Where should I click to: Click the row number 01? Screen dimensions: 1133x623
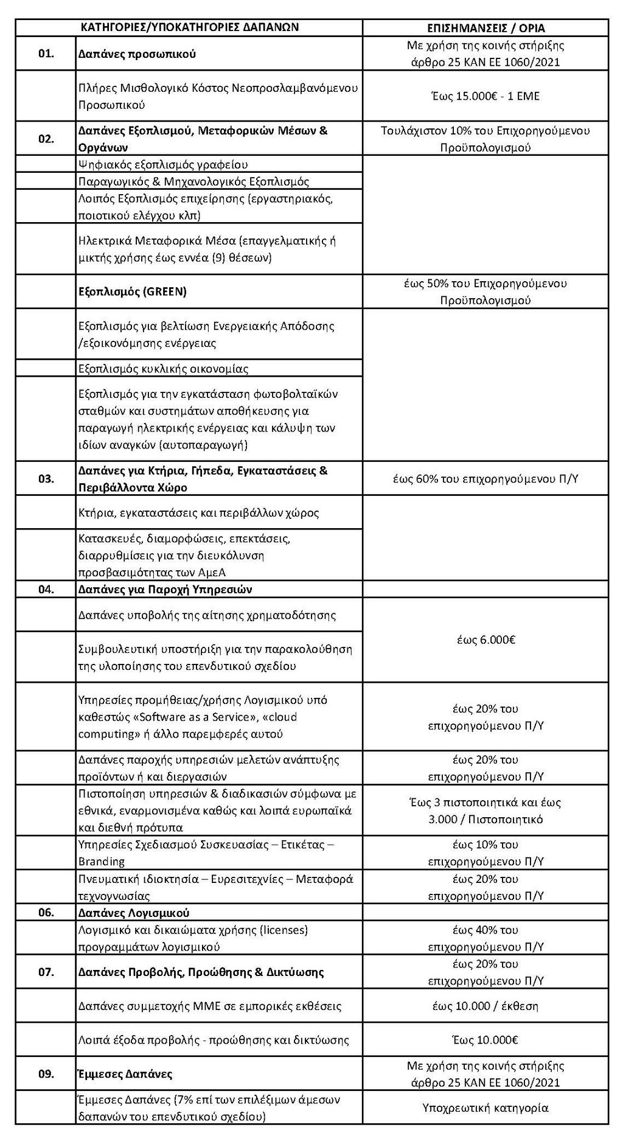(46, 54)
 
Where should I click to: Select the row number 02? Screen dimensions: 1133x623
(46, 139)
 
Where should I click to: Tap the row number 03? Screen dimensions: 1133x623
(46, 479)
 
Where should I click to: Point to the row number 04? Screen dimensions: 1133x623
(46, 589)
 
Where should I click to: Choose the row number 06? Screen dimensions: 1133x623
(46, 912)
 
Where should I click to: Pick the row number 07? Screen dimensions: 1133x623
(46, 972)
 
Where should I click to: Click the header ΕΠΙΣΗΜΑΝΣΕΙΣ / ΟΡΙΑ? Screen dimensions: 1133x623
(485, 28)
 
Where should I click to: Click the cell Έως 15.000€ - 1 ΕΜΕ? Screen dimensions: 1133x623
(485, 96)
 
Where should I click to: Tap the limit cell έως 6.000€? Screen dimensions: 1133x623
(485, 640)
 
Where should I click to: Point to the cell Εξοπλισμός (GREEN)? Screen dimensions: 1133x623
(132, 291)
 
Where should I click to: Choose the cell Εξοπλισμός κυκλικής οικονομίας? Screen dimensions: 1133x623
(163, 368)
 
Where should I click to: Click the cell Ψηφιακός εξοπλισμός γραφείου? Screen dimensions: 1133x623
(162, 164)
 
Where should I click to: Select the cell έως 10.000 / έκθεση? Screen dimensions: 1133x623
(485, 1006)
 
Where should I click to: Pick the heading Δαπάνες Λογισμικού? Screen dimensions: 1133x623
(134, 913)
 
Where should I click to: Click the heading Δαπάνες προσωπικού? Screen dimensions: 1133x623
(137, 54)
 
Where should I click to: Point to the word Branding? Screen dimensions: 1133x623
(101, 861)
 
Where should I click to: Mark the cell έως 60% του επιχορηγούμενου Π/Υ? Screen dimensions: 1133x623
(485, 479)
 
